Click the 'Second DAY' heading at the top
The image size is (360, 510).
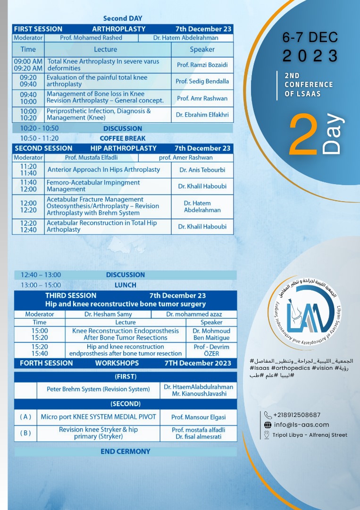pos(122,18)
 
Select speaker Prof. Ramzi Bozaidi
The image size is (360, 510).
pos(202,65)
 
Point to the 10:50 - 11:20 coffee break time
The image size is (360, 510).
pos(39,138)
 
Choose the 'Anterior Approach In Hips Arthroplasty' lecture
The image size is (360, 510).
pos(104,170)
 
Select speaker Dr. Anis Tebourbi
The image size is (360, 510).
pos(202,170)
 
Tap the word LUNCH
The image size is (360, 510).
pos(126,285)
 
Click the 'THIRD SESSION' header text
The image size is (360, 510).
pos(71,296)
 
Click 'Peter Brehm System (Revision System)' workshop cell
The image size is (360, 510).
pos(98,390)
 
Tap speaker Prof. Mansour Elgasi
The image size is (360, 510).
pos(198,417)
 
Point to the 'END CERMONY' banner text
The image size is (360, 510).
pos(126,451)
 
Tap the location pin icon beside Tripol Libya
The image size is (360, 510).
pos(267,435)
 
